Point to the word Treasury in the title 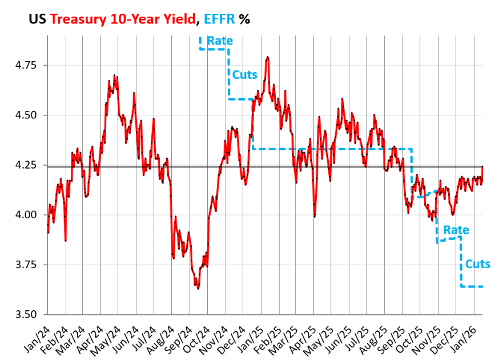point(78,19)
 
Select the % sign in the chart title point(244,19)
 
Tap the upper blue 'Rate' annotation point(219,41)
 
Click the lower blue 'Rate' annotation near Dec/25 point(456,230)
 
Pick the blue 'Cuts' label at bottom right point(477,264)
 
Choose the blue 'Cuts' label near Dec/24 point(244,75)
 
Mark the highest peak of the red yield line point(267,57)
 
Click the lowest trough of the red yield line point(198,289)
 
